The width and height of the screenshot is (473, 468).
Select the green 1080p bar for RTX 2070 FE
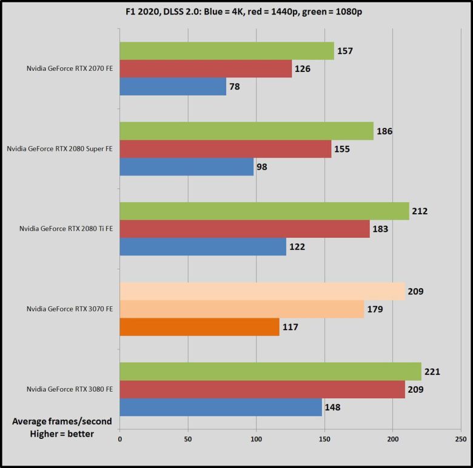(227, 51)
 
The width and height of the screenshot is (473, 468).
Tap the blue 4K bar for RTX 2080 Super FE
(187, 166)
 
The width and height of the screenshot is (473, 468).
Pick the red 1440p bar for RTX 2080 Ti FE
(244, 229)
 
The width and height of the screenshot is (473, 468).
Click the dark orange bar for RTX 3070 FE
(200, 327)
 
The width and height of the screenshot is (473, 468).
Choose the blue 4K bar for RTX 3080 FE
(221, 407)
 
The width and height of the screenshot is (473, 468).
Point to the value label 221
(432, 371)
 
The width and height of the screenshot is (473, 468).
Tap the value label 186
(384, 131)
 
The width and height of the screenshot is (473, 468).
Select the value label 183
(380, 229)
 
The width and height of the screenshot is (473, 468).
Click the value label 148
(332, 407)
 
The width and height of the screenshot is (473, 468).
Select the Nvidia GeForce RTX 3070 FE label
(69, 309)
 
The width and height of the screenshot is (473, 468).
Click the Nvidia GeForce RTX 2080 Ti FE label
(65, 229)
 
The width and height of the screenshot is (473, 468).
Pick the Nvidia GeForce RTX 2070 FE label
(69, 68)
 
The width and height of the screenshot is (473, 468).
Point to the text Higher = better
(62, 433)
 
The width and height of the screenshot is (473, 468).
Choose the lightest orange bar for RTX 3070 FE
(262, 291)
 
